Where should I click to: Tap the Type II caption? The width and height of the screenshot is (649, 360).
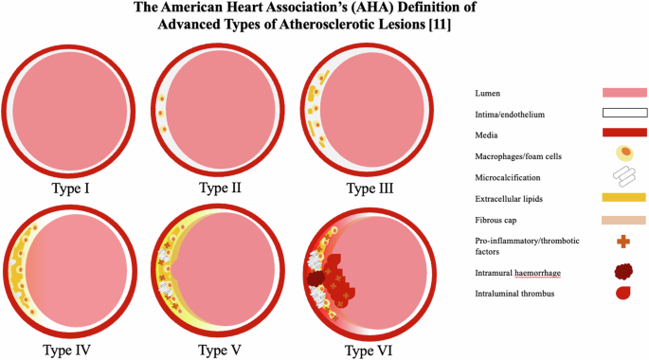pos(220,188)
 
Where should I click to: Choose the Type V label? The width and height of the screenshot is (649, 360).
pos(220,350)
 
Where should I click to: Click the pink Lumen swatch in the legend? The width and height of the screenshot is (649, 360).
pos(624,93)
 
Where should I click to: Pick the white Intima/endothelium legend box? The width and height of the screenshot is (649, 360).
pos(624,113)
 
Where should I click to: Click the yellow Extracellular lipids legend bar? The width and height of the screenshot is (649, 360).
pos(624,198)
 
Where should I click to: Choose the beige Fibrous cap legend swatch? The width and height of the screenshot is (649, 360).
pos(624,220)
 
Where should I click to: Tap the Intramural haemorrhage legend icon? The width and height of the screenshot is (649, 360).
pos(624,272)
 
